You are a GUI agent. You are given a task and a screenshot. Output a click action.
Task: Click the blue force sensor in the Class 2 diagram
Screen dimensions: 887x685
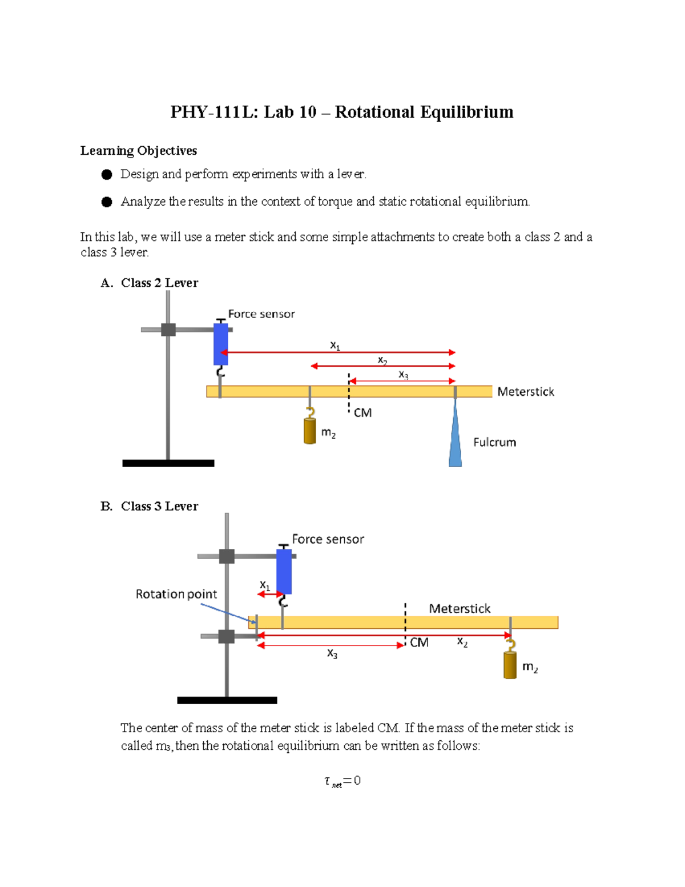coord(221,344)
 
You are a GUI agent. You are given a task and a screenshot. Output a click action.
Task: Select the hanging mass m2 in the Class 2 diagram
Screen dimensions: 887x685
coord(310,431)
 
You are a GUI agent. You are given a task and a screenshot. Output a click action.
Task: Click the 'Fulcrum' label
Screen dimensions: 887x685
coord(494,442)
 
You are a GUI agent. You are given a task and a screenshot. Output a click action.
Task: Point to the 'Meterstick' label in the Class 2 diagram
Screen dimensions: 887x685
coord(525,392)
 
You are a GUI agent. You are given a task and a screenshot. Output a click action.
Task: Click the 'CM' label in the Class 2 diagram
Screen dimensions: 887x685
coord(362,412)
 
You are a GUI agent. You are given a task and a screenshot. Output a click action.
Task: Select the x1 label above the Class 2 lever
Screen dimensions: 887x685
coord(335,346)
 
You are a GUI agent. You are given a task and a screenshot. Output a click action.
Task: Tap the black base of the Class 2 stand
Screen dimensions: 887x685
coord(168,463)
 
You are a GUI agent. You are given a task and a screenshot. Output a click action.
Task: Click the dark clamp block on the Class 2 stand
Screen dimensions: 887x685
coord(168,330)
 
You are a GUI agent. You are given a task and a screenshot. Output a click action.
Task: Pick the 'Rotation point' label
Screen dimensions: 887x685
coord(176,594)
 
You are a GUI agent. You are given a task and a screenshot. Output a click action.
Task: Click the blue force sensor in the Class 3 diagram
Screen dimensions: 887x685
coord(284,571)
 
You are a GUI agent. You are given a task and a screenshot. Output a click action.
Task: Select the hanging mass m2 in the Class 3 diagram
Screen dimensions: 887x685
coord(510,665)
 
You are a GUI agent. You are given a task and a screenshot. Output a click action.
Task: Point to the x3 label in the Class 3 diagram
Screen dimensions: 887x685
coord(332,653)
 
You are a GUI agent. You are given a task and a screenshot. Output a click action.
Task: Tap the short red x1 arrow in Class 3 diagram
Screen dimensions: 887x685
coord(269,595)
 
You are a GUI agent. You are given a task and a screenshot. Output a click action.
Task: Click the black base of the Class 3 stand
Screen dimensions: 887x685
coord(227,700)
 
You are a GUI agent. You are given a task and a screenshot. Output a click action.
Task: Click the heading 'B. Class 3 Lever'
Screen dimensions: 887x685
coord(150,506)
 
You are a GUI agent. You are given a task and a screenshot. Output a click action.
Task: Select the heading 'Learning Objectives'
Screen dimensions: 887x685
coord(139,151)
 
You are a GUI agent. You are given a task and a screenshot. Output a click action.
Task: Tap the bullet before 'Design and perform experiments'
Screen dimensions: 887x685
coord(107,175)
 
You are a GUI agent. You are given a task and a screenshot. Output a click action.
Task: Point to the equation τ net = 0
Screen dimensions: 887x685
coord(342,781)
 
